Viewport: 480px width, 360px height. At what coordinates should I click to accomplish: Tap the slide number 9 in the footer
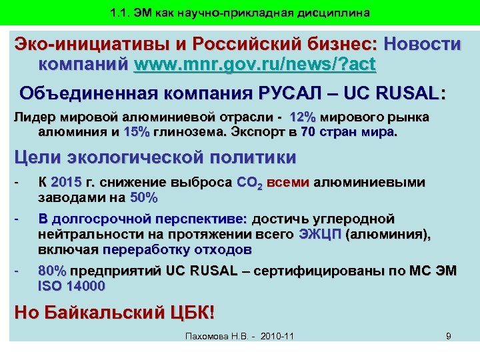pyautogui.click(x=449, y=336)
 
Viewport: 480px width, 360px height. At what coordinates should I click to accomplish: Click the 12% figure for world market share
pyautogui.click(x=303, y=117)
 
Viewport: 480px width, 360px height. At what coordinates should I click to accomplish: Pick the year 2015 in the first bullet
pyautogui.click(x=65, y=183)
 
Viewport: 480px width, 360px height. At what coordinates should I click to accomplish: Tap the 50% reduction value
pyautogui.click(x=143, y=197)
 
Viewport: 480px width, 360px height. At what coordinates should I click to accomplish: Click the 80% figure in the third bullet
pyautogui.click(x=53, y=272)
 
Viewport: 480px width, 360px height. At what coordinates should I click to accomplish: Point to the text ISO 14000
pyautogui.click(x=71, y=287)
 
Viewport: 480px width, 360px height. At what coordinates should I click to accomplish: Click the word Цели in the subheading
pyautogui.click(x=39, y=158)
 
